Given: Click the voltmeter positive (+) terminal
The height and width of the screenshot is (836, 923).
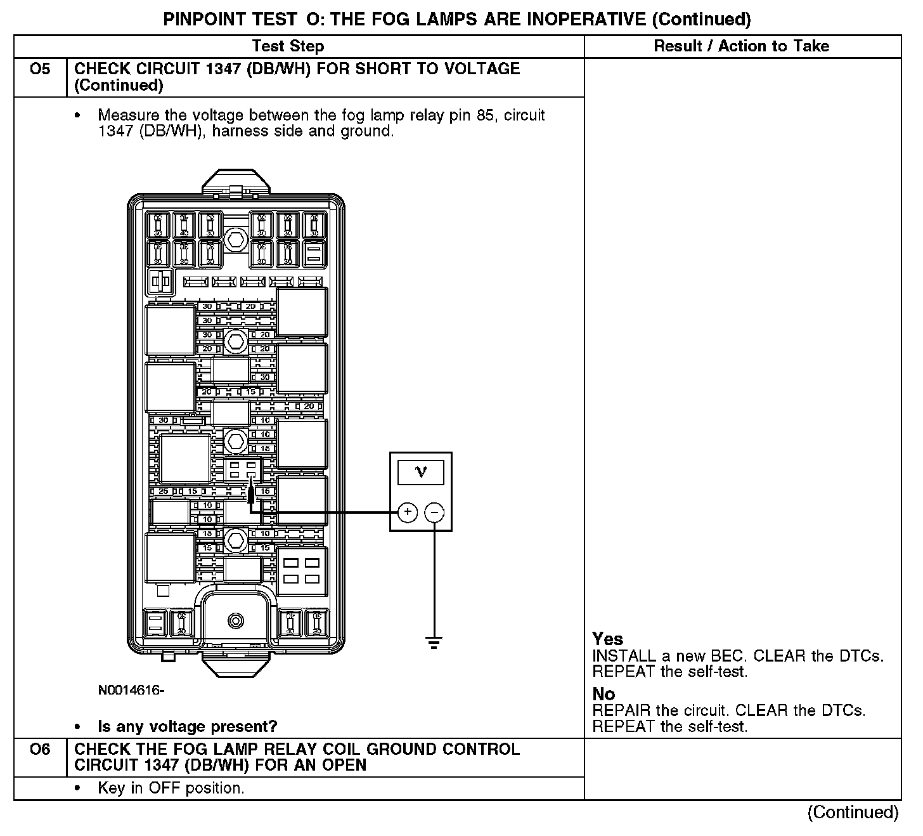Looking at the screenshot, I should point(407,512).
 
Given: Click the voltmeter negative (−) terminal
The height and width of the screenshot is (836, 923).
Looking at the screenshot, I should point(434,512).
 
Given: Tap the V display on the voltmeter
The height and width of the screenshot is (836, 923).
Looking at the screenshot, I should point(421,471).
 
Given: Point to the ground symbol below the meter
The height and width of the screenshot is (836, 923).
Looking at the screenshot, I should point(434,643).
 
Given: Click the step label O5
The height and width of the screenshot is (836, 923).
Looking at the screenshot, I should point(40,69).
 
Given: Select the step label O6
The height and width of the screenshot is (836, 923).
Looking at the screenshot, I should point(40,749).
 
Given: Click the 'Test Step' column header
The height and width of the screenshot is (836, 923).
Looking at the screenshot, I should point(288,46).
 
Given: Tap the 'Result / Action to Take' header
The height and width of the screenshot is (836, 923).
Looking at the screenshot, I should point(742,46).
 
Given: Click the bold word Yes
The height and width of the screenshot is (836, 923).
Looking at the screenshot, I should point(607,639).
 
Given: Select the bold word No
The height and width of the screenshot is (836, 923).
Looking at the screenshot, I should point(603,694).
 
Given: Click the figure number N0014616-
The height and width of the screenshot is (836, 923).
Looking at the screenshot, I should point(131,690).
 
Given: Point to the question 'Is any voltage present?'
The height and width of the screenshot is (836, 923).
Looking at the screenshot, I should point(188,726).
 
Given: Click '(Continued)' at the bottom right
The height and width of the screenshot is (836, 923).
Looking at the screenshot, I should point(853,813).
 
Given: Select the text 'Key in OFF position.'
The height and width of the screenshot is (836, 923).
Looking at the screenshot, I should point(171,788).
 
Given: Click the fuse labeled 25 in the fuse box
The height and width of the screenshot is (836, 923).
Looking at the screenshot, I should point(163,492).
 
